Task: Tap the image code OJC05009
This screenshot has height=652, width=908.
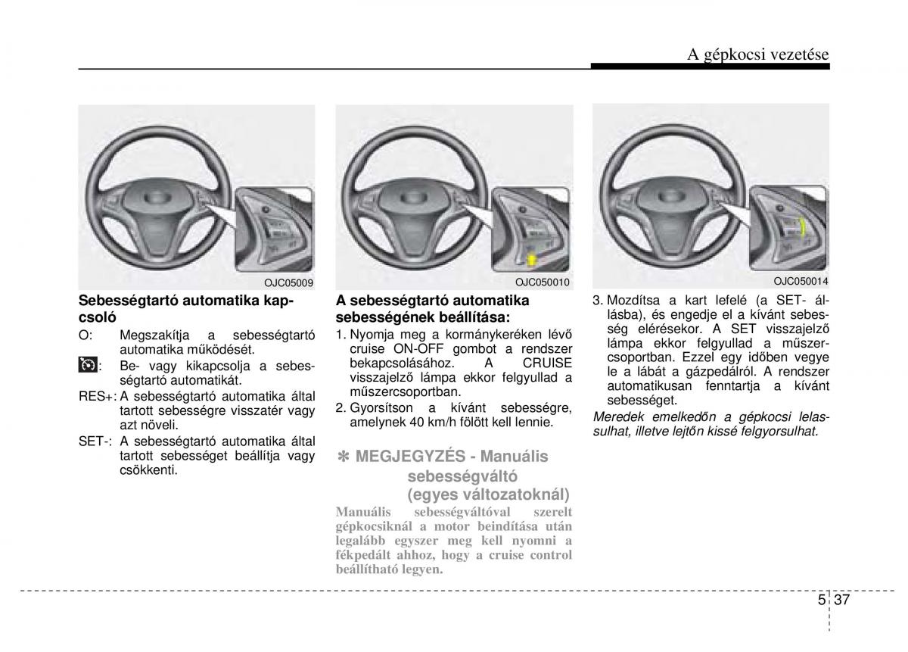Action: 288,282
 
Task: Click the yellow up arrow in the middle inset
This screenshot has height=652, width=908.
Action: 532,260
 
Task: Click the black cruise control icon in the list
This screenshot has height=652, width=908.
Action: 87,366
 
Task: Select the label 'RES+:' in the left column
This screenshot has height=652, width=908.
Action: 96,396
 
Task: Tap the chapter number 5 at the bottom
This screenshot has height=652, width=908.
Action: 822,600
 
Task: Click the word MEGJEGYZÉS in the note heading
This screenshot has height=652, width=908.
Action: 399,457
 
